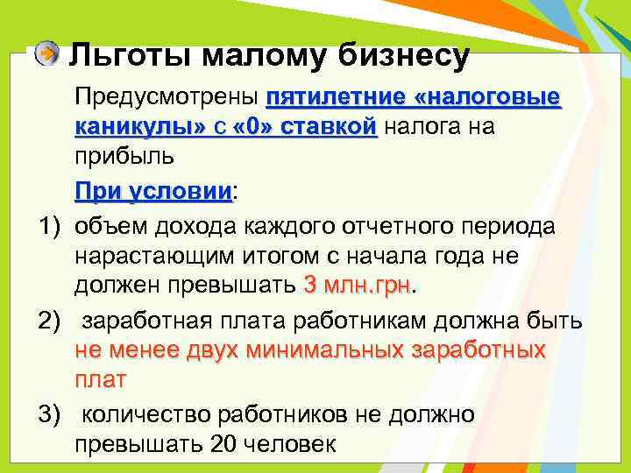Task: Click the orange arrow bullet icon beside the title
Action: click(49, 54)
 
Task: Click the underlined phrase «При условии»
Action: click(153, 191)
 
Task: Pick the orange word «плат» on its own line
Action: click(101, 381)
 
